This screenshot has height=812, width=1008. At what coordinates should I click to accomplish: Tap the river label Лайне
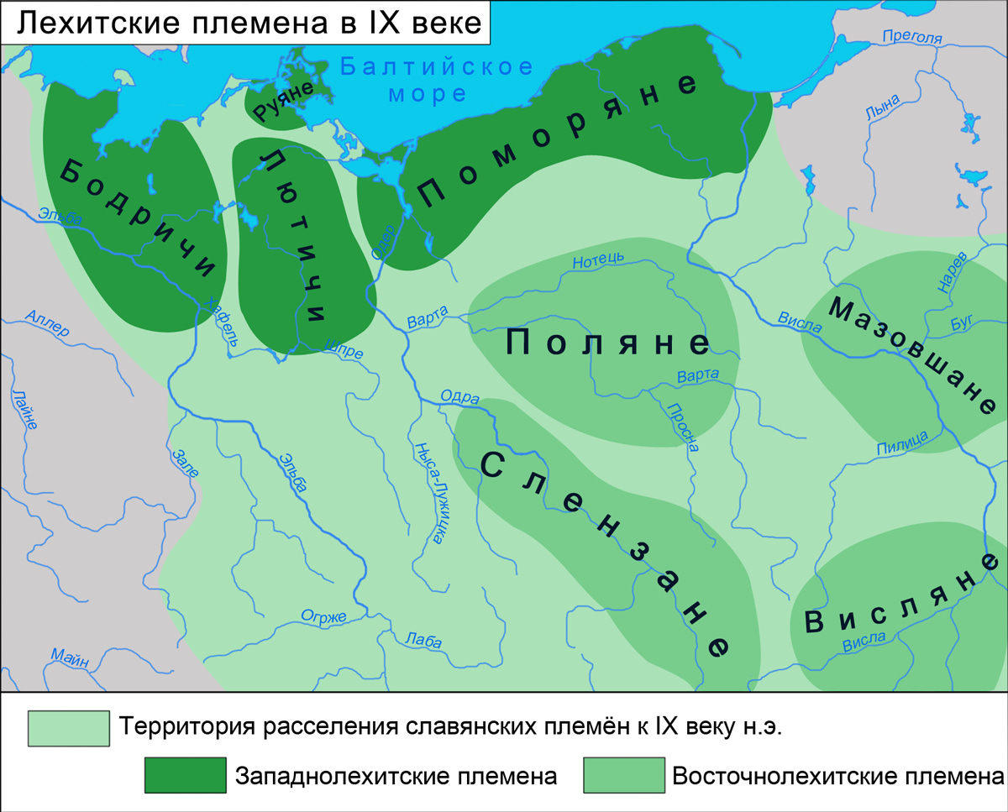pyautogui.click(x=25, y=410)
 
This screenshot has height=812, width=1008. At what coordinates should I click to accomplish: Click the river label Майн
pyautogui.click(x=69, y=657)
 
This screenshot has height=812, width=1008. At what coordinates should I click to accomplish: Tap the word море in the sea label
pyautogui.click(x=428, y=92)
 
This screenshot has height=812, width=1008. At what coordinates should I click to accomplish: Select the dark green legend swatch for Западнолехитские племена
pyautogui.click(x=186, y=774)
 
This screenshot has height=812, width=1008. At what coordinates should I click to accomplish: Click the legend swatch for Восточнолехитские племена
pyautogui.click(x=623, y=774)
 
